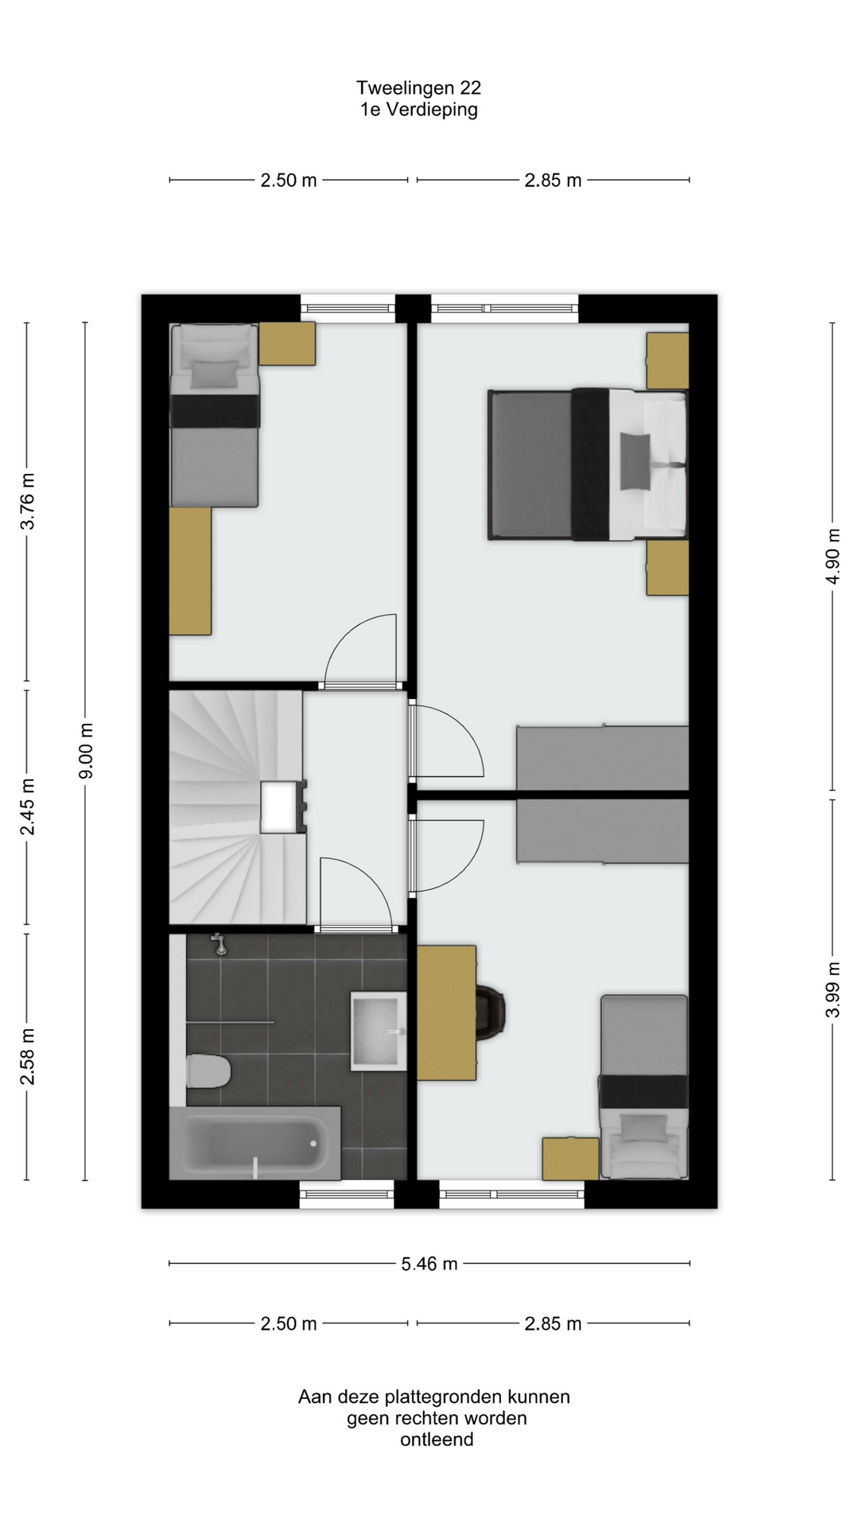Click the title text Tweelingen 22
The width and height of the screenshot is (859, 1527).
[x=418, y=87]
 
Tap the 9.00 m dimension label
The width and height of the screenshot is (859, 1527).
[x=86, y=751]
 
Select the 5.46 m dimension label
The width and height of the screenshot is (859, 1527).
[x=429, y=1264]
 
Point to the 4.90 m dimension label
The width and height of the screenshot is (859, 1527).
[x=832, y=556]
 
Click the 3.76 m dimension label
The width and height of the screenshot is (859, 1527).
[x=27, y=501]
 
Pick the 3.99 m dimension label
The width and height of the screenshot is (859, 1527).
[x=832, y=989]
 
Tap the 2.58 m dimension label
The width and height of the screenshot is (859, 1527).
[x=27, y=1056]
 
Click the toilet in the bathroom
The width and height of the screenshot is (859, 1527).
[x=208, y=1071]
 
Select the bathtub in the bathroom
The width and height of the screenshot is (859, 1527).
[x=255, y=1143]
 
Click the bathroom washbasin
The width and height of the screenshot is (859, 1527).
[x=379, y=1031]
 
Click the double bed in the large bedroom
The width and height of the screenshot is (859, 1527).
[x=588, y=464]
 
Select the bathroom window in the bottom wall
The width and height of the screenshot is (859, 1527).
[x=347, y=1194]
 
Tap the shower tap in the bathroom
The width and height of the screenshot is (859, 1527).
[x=219, y=944]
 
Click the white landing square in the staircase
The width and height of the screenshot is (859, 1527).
[x=279, y=806]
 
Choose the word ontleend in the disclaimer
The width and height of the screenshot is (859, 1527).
[x=437, y=1440]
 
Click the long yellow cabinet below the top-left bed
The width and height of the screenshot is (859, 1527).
[x=190, y=571]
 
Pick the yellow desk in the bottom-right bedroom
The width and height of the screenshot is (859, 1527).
[x=447, y=1012]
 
